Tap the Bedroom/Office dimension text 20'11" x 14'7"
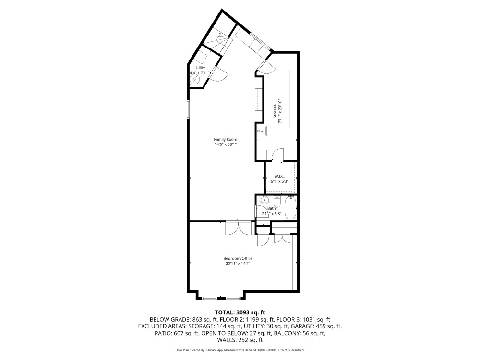[239, 264]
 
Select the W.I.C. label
[280, 176]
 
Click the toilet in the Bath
[277, 201]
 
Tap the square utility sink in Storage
[262, 130]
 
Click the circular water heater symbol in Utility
[194, 80]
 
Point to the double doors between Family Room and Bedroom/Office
[238, 228]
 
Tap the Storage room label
[276, 111]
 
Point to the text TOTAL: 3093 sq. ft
[240, 312]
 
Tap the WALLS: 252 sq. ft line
[240, 340]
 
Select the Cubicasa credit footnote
[240, 350]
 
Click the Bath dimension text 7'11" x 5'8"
[272, 213]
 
